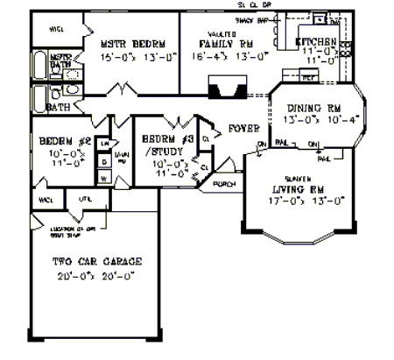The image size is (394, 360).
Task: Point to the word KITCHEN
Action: coord(318,41)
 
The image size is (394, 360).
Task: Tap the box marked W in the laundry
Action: coord(103,179)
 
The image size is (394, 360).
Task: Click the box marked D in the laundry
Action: coord(103,163)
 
